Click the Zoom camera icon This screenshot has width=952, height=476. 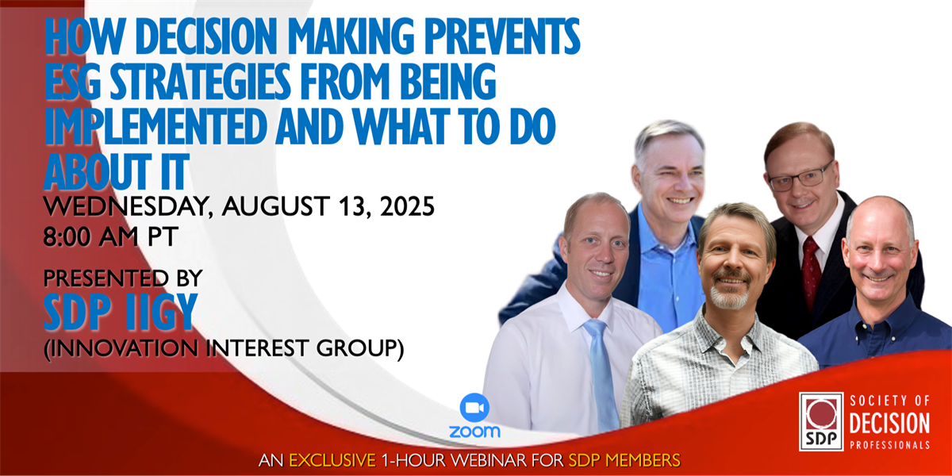pyautogui.click(x=474, y=408)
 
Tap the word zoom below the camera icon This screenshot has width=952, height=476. pyautogui.click(x=474, y=432)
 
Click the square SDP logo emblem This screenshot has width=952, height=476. pyautogui.click(x=821, y=421)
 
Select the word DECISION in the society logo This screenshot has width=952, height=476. pyautogui.click(x=889, y=424)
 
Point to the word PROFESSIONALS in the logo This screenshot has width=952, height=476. pyautogui.click(x=889, y=445)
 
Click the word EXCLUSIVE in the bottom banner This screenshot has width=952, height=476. pyautogui.click(x=332, y=460)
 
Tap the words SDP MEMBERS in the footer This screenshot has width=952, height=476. pyautogui.click(x=624, y=460)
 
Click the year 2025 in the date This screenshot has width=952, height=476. pyautogui.click(x=407, y=206)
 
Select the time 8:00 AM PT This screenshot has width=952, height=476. pyautogui.click(x=110, y=236)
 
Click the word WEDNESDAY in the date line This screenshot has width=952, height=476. pyautogui.click(x=128, y=207)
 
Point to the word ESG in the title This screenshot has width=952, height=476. pyautogui.click(x=73, y=81)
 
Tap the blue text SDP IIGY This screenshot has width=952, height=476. pyautogui.click(x=121, y=313)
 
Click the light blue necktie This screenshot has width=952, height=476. pyautogui.click(x=601, y=374)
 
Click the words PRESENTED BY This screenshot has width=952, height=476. pyautogui.click(x=123, y=278)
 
